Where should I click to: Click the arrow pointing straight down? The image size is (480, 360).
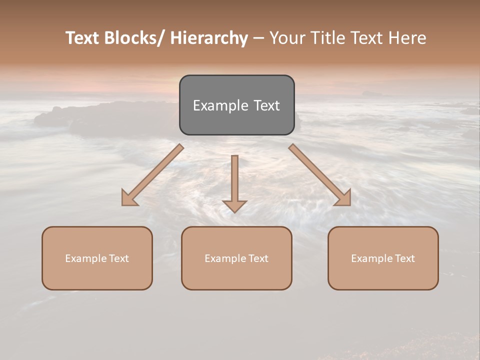[x=234, y=182]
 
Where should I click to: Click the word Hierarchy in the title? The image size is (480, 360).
[x=209, y=38]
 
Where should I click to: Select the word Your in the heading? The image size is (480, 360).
[x=286, y=38]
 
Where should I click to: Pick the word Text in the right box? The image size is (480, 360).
[x=403, y=258]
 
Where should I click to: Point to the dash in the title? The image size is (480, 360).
[x=258, y=38]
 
